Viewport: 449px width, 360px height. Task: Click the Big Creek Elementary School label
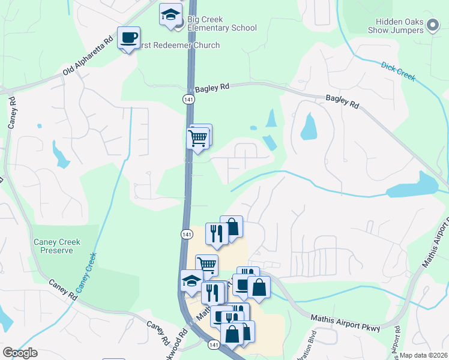coord(221,23)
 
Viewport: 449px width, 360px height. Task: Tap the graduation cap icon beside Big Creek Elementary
coord(170,14)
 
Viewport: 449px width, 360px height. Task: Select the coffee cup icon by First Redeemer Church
coord(128,37)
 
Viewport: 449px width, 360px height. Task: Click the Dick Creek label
coord(397,70)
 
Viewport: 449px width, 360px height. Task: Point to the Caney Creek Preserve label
coord(57,246)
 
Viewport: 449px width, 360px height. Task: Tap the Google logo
coord(20,353)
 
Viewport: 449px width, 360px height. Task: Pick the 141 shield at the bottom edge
coord(213,345)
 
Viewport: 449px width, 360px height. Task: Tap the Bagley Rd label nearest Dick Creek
coord(342,101)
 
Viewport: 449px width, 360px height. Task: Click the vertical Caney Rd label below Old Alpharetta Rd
coord(11,114)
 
